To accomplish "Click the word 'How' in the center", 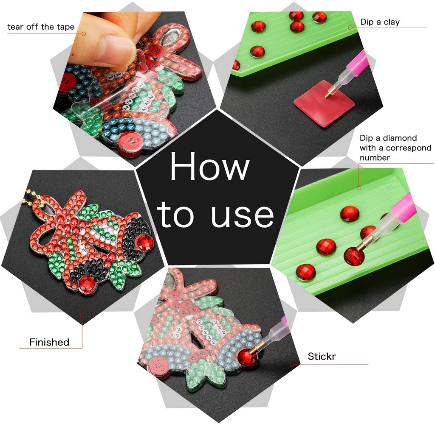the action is [x=210, y=166].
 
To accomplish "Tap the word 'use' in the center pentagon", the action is [x=242, y=215].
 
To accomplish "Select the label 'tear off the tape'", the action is [x=41, y=27].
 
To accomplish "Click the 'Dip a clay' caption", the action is [x=380, y=22].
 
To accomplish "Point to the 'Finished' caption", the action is [x=49, y=342].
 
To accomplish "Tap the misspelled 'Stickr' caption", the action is [x=322, y=356].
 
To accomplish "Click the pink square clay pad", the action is [x=324, y=103].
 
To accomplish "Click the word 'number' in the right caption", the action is [x=375, y=158].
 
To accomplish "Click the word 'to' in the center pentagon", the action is [x=175, y=215].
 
